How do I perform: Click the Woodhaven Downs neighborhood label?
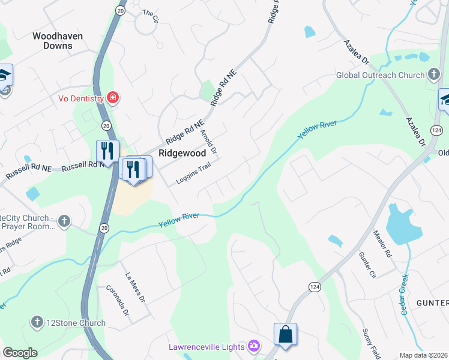tap(58, 41)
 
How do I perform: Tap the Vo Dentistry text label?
tap(81, 98)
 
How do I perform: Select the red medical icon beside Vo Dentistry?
tap(112, 97)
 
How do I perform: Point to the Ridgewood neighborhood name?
tap(182, 153)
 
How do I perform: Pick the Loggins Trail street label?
tap(193, 175)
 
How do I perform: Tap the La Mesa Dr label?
tap(135, 287)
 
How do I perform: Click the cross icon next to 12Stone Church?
tap(38, 323)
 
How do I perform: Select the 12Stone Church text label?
tap(76, 323)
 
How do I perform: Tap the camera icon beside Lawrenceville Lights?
tap(254, 346)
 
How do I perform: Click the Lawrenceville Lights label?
tap(206, 347)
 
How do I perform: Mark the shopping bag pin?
tap(286, 334)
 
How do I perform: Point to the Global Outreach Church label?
tap(380, 76)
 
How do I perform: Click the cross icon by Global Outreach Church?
tap(434, 75)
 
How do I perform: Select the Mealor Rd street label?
tap(382, 243)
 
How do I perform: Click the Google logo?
tap(20, 353)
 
